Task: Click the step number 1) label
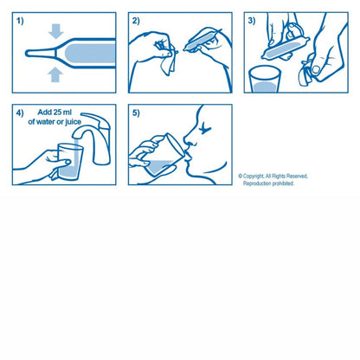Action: pyautogui.click(x=18, y=20)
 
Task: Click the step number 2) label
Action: pyautogui.click(x=136, y=20)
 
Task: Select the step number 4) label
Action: pyautogui.click(x=19, y=113)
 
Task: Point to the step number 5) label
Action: pyautogui.click(x=136, y=113)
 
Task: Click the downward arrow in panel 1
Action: pyautogui.click(x=56, y=32)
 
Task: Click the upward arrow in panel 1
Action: pyautogui.click(x=56, y=74)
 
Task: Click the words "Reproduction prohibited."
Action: pyautogui.click(x=268, y=183)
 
